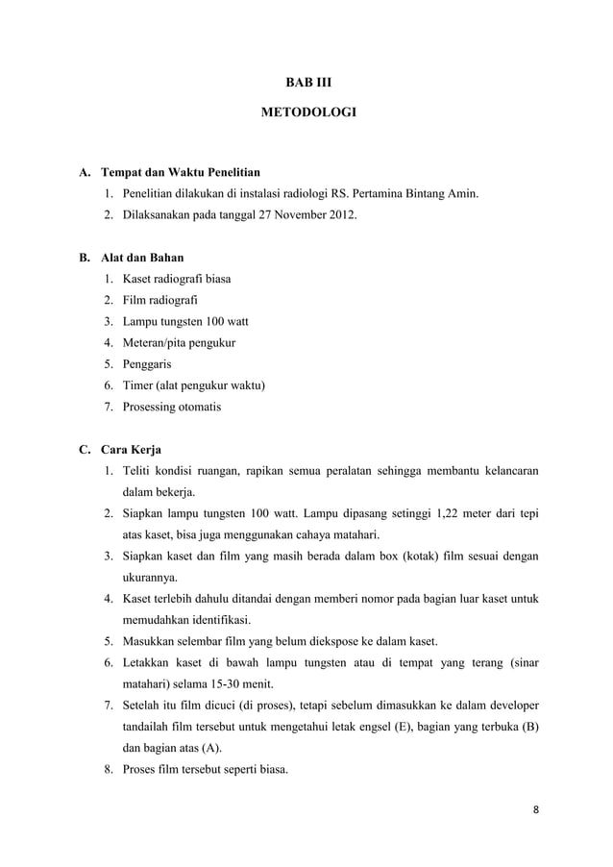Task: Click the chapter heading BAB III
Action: pyautogui.click(x=307, y=84)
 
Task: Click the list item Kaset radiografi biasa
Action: pyautogui.click(x=175, y=280)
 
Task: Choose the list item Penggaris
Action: pyautogui.click(x=147, y=364)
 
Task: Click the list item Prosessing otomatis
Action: pyautogui.click(x=170, y=407)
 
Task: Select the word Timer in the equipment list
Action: pyautogui.click(x=136, y=385)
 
